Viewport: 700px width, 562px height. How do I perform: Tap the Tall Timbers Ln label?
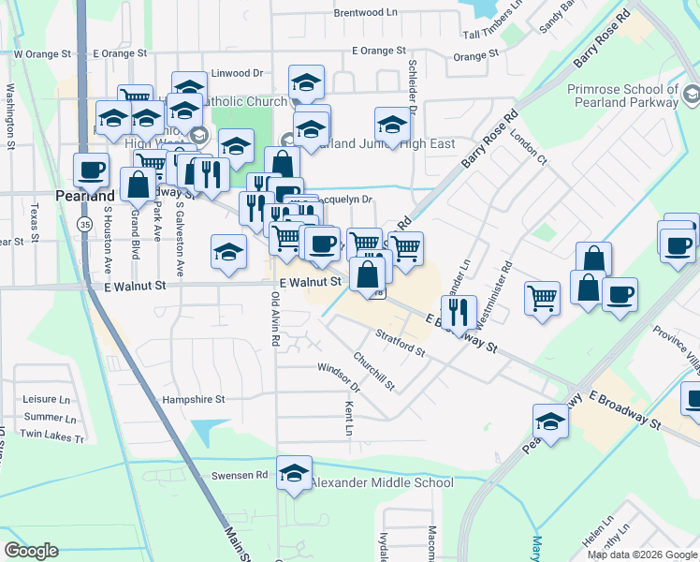tap(497, 35)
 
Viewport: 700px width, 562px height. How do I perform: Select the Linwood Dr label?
tap(218, 73)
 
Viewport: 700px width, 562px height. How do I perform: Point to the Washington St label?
tap(10, 117)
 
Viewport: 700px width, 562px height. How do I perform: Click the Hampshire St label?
tap(194, 399)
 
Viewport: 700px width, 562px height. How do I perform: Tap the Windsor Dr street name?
tap(339, 377)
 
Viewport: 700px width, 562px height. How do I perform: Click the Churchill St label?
tap(374, 371)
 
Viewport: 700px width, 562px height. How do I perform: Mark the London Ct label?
tap(529, 148)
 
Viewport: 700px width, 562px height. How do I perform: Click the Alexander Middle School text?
tap(381, 483)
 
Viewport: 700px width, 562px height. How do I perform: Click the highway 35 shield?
tap(85, 225)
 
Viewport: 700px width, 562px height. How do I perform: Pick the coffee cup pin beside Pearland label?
tap(92, 170)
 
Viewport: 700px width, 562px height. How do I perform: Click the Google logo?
tap(31, 550)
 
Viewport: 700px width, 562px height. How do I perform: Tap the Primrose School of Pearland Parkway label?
tap(621, 96)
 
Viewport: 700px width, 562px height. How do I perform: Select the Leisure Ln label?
tap(47, 398)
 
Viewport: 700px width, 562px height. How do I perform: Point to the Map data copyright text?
tap(642, 555)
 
